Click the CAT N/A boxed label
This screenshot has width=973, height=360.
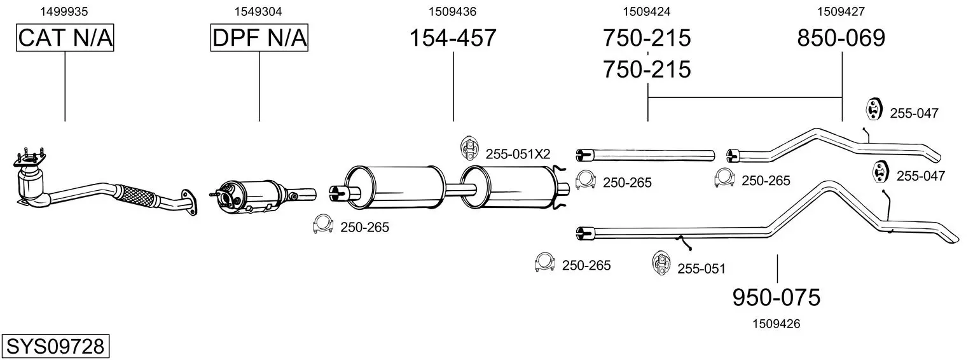click(65, 38)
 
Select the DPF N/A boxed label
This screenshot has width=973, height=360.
click(259, 38)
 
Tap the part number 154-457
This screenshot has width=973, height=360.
click(453, 38)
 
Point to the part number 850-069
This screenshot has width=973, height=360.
click(841, 38)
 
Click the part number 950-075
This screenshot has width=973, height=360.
click(776, 298)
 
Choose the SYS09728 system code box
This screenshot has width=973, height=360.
click(55, 347)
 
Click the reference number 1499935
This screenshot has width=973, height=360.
click(64, 11)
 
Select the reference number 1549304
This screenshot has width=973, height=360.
click(258, 11)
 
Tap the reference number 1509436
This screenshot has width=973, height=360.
click(453, 11)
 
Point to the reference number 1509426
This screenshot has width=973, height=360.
click(776, 324)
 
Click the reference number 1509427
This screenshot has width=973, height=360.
click(841, 11)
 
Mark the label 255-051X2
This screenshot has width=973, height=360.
click(518, 154)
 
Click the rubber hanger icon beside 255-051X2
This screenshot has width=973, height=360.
click(469, 148)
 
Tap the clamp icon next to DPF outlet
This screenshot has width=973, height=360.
click(322, 224)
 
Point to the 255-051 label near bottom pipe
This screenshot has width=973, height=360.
click(701, 269)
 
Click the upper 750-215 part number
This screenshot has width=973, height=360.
click(647, 38)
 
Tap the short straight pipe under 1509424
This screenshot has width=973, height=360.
click(645, 155)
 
